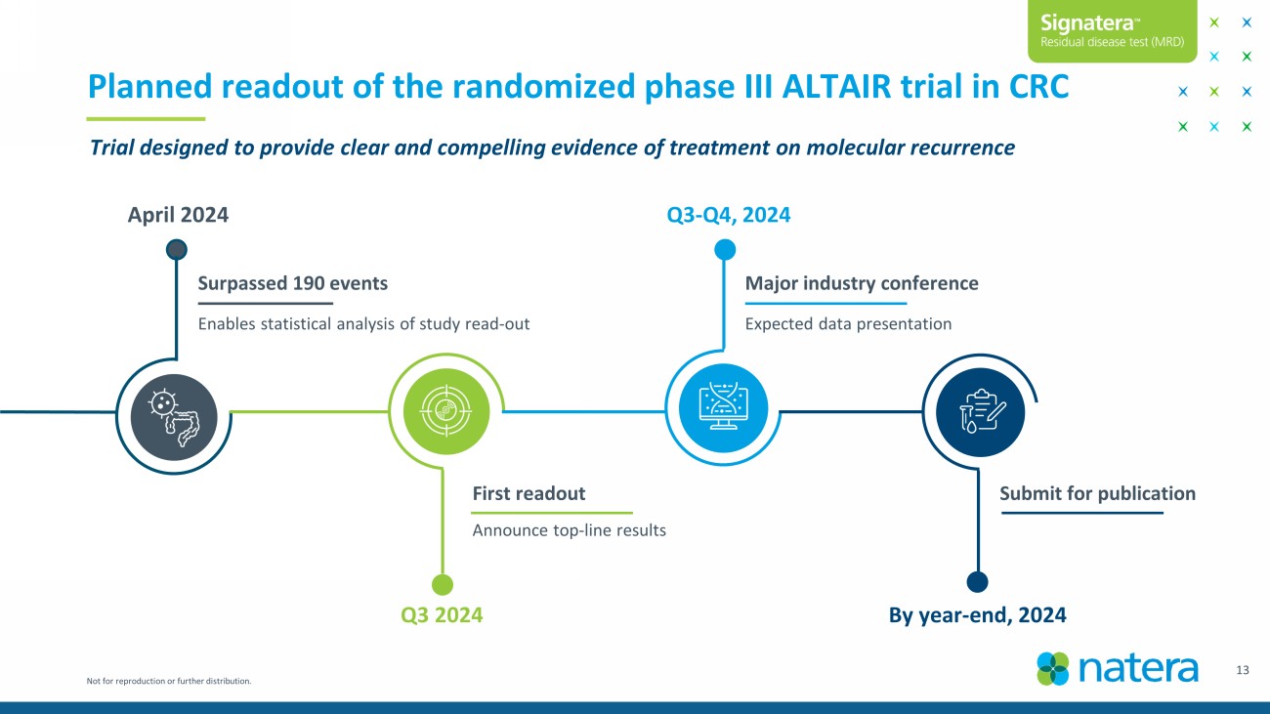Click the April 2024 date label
pos(178,215)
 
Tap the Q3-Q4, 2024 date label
pos(729,215)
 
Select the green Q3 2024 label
pos(442,614)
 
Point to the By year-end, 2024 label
pos(978,614)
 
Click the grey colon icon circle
pos(174,417)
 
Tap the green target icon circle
pos(446,411)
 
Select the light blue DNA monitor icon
pos(723,408)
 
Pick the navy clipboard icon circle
pos(980,412)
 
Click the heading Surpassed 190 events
pos(292,282)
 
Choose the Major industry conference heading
pos(862,282)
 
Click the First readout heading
pos(529,493)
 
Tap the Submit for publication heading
pos(1098,493)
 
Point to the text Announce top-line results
pos(570,530)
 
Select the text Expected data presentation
pos(848,323)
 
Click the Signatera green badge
pos(1113,31)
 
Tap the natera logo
pos(1118,669)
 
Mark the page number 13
pos(1243,670)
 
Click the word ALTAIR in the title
pos(837,87)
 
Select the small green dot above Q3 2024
pos(443,584)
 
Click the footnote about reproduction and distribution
pos(169,681)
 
